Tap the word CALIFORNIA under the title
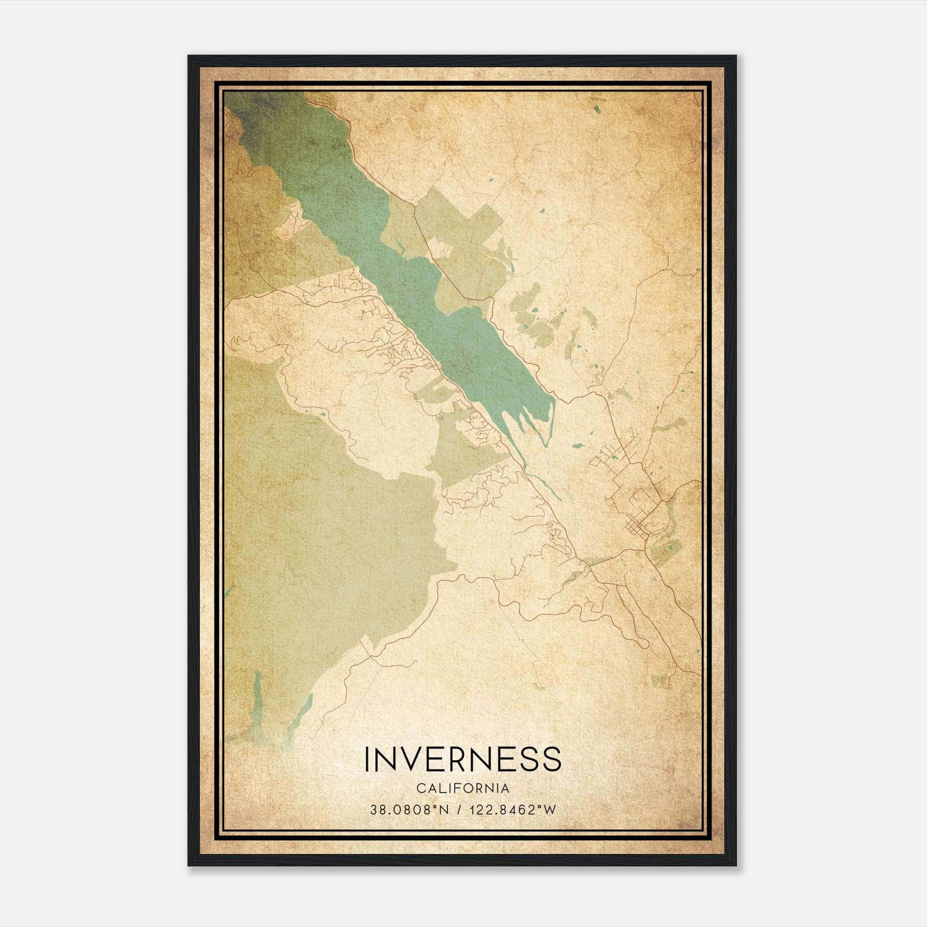pyautogui.click(x=463, y=789)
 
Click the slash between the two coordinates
pyautogui.click(x=458, y=810)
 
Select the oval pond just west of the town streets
pyautogui.click(x=578, y=446)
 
